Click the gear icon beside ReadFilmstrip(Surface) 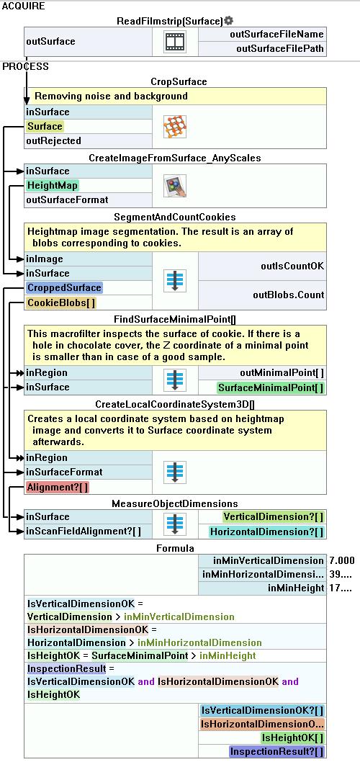(x=229, y=21)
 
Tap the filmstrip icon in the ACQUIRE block (x=176, y=42)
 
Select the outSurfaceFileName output (x=276, y=35)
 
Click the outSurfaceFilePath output (x=280, y=48)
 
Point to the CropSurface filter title (x=179, y=81)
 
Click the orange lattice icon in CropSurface (x=176, y=127)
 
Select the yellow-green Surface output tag (x=45, y=126)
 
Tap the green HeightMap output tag (x=53, y=185)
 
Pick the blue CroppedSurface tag (x=63, y=287)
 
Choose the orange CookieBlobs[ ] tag (x=61, y=302)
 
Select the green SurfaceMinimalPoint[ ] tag (x=271, y=387)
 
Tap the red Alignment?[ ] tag (x=58, y=487)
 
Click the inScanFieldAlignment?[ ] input (x=84, y=531)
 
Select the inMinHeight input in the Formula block (x=296, y=588)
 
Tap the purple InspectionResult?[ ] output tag (x=277, y=751)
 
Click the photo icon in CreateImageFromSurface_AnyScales (x=176, y=186)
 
